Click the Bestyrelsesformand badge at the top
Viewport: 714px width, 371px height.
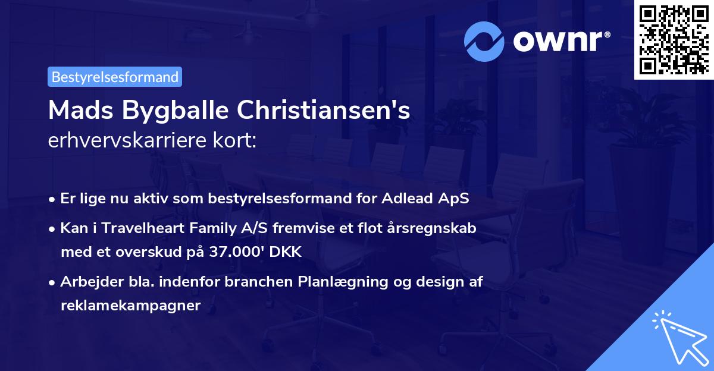[115, 77]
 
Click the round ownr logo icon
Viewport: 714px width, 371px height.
[484, 41]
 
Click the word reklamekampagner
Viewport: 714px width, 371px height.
[131, 306]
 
